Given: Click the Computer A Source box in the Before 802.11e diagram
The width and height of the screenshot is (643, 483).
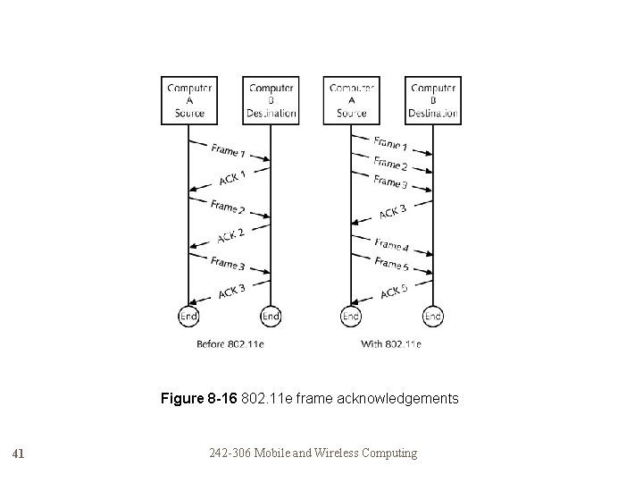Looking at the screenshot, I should [x=189, y=100].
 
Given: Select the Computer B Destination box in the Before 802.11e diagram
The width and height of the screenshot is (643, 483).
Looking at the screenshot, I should [x=271, y=100].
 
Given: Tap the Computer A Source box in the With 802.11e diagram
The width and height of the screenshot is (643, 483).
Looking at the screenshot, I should [x=352, y=100].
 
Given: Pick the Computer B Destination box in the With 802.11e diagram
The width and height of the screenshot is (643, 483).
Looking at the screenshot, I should [x=433, y=100].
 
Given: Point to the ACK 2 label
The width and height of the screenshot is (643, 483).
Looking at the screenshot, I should [x=231, y=235].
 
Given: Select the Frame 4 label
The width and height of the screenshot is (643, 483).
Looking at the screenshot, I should [x=392, y=244].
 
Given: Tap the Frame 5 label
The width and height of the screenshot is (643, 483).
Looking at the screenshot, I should [x=392, y=265].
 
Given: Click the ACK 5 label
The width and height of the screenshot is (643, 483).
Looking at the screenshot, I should [x=394, y=291].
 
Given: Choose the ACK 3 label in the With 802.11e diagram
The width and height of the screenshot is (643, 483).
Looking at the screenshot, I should [x=393, y=211].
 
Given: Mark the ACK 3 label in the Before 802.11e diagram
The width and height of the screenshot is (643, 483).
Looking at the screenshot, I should [x=231, y=290].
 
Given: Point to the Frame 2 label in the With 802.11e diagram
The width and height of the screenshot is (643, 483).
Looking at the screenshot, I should [x=391, y=165].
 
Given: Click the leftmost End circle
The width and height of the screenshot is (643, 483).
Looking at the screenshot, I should [x=189, y=317].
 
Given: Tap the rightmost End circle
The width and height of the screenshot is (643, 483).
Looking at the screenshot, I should [x=433, y=317].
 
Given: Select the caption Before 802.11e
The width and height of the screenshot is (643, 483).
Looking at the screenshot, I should [x=230, y=343].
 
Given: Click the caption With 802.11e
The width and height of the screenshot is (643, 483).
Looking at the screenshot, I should [x=391, y=343].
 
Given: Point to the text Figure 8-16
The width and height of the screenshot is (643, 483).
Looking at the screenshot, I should [x=199, y=398].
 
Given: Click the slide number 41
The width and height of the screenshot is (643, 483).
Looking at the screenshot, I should [x=19, y=453].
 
